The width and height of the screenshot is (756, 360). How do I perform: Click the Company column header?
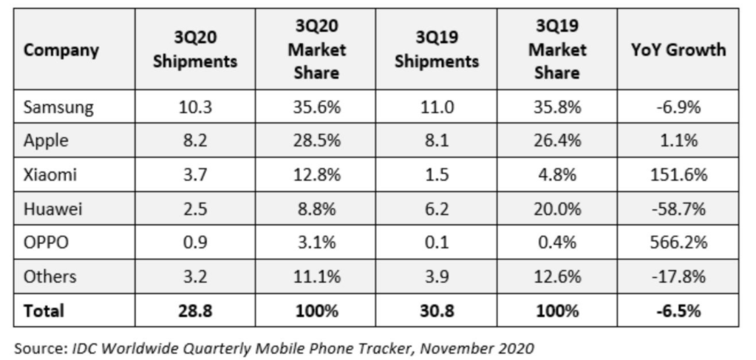click(61, 50)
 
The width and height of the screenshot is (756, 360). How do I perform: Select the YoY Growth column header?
click(678, 50)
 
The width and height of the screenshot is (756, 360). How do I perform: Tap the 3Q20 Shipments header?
click(195, 50)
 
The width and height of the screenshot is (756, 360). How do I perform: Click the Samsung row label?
click(59, 107)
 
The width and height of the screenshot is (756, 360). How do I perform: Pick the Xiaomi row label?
click(52, 175)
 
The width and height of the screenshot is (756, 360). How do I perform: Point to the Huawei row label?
click(54, 209)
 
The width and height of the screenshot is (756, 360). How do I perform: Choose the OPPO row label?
click(47, 243)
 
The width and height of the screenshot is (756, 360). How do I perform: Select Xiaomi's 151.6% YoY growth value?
click(678, 175)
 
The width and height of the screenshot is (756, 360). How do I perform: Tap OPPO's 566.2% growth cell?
click(678, 243)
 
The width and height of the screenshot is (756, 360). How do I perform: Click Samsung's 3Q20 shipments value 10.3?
click(195, 107)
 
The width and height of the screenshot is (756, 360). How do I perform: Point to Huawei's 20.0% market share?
click(559, 209)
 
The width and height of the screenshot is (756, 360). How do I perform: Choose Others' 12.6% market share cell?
click(559, 277)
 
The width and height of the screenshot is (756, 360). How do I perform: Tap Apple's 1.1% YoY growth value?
click(678, 141)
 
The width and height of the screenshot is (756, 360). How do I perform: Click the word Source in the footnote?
click(38, 347)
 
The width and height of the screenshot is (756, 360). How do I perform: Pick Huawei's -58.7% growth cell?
click(678, 209)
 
